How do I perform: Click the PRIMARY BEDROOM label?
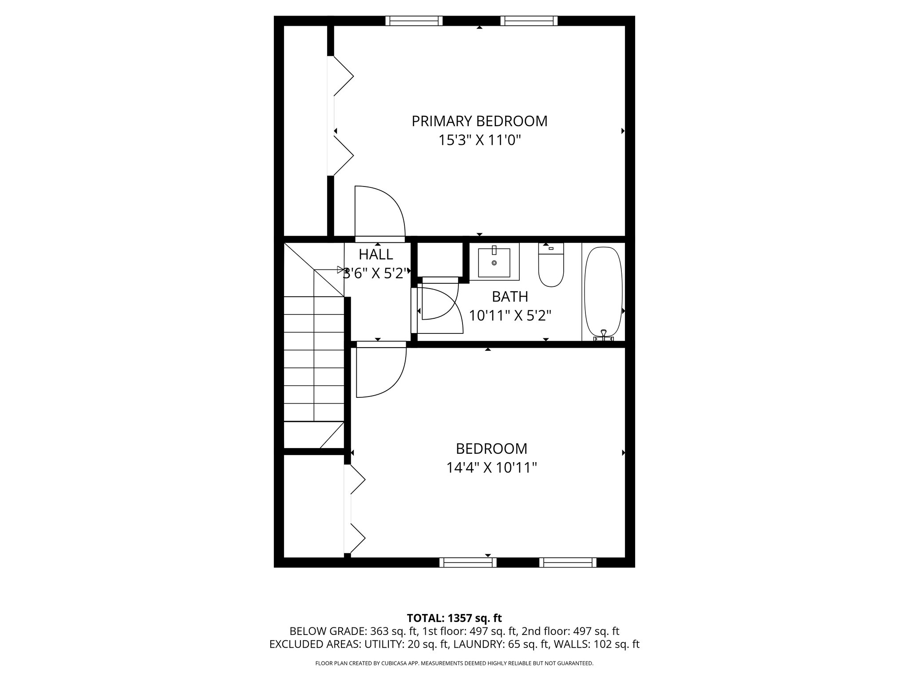pos(479,121)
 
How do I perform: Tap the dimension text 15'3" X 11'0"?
pos(479,140)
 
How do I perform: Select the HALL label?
pos(375,254)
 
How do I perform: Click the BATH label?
pos(510,296)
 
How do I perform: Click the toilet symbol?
pos(551,266)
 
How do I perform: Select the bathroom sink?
pos(494,262)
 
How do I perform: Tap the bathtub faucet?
pos(603,335)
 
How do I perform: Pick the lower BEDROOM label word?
pos(492,449)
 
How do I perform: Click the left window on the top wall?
pos(414,21)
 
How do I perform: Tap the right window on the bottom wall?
pos(568,563)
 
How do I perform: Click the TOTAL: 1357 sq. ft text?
pos(454,618)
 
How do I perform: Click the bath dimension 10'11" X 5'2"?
pos(510,316)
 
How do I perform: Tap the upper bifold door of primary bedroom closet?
pos(343,76)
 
